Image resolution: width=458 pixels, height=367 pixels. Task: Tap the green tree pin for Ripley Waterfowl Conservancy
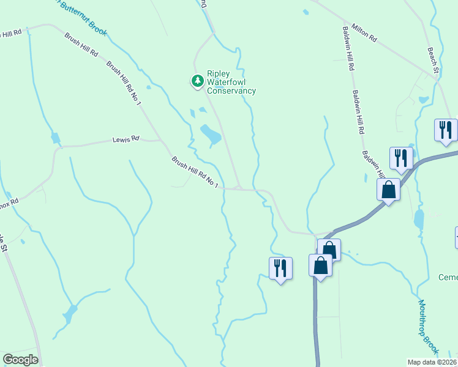197,80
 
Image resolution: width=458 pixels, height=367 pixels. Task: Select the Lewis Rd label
126,140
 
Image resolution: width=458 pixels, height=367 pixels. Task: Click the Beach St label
434,61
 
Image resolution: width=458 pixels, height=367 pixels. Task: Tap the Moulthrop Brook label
428,325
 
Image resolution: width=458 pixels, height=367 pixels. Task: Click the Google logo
20,360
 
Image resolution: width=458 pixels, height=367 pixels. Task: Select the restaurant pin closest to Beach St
445,130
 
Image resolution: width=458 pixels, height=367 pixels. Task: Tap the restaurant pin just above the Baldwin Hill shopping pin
401,157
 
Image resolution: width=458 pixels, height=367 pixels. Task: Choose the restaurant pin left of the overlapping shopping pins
280,267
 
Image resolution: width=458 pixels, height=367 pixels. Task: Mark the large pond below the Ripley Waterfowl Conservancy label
211,134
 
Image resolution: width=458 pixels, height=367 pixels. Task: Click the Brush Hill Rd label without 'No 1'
81,44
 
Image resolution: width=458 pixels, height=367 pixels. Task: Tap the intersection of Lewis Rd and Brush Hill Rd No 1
162,140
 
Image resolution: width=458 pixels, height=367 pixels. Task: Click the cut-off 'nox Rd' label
9,201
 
